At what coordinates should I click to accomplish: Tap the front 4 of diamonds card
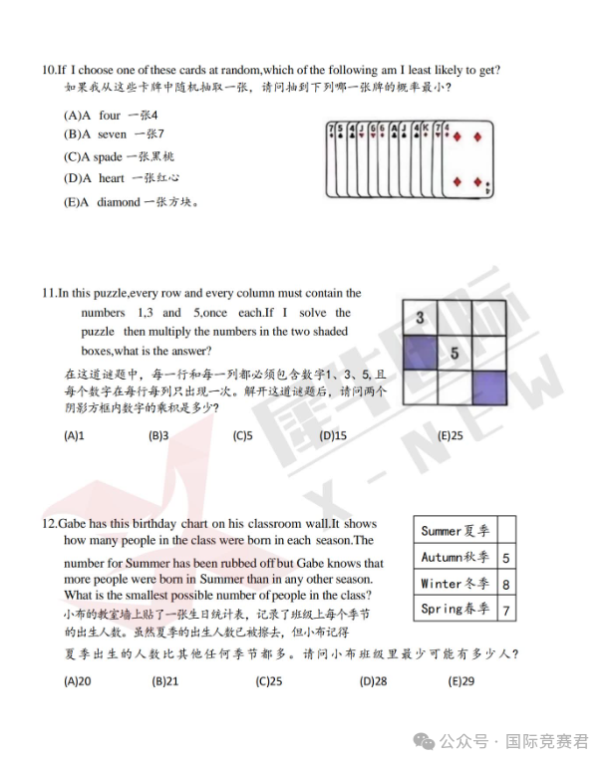click(466, 159)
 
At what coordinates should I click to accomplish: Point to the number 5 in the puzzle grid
click(455, 353)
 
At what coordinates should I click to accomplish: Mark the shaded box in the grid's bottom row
click(489, 386)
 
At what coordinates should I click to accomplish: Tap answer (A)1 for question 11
click(74, 435)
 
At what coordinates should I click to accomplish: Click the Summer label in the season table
click(455, 531)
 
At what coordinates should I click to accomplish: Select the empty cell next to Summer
click(505, 531)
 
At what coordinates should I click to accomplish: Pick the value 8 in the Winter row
click(505, 585)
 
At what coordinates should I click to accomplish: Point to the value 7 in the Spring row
click(505, 610)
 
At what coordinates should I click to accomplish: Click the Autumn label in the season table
click(455, 558)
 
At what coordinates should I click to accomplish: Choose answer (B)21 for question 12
click(165, 681)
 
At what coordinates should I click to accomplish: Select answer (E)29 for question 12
click(461, 681)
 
